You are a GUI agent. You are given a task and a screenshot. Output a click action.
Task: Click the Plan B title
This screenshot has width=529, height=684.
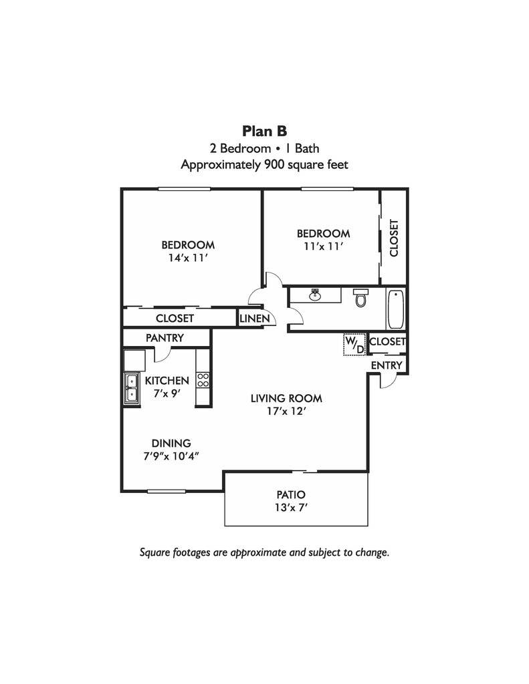pyautogui.click(x=264, y=130)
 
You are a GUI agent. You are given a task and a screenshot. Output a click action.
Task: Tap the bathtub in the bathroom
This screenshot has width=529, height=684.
pyautogui.click(x=395, y=309)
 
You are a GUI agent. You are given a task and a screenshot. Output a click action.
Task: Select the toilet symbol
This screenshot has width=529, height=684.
pyautogui.click(x=361, y=298)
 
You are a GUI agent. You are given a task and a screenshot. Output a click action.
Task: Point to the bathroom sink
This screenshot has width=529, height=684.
pyautogui.click(x=315, y=295)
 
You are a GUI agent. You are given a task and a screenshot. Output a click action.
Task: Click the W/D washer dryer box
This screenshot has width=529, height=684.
pyautogui.click(x=354, y=345)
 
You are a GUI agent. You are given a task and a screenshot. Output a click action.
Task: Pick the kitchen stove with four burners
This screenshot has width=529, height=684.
pyautogui.click(x=203, y=380)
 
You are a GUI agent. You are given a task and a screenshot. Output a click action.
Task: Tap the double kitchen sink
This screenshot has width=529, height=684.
pyautogui.click(x=131, y=389)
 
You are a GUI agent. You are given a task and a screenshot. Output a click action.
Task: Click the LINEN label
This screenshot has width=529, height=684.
pyautogui.click(x=255, y=319)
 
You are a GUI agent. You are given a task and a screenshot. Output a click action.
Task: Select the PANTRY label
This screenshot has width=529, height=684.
pyautogui.click(x=165, y=338)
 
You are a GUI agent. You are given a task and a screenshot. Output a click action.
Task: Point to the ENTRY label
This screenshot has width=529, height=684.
pyautogui.click(x=387, y=365)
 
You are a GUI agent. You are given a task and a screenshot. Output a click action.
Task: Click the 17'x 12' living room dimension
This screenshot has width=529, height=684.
pyautogui.click(x=286, y=411)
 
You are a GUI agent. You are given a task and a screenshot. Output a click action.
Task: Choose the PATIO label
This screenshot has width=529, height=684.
pyautogui.click(x=291, y=495)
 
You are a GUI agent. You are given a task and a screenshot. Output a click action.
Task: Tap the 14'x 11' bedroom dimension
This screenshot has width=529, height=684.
pyautogui.click(x=188, y=257)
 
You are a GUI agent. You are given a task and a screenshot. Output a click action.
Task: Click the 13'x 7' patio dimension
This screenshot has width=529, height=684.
pyautogui.click(x=291, y=508)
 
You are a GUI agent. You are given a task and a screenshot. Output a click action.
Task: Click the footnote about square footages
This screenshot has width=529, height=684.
pyautogui.click(x=264, y=552)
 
